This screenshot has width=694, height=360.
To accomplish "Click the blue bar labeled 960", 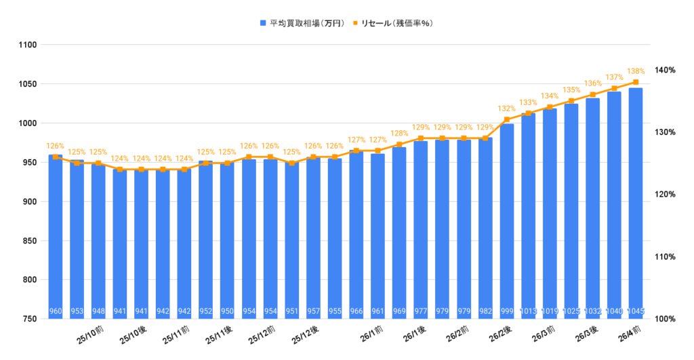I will click(x=56, y=237).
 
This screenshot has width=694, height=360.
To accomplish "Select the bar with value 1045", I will click(x=636, y=203).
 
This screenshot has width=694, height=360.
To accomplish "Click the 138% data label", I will click(x=636, y=71).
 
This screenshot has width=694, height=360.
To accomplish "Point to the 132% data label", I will click(x=507, y=108).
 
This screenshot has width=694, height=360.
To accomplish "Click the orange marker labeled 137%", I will click(x=614, y=88).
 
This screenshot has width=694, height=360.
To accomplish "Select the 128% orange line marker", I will click(x=399, y=144).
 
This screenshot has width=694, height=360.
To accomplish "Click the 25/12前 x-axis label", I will click(x=262, y=334).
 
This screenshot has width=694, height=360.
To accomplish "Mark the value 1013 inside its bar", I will click(x=529, y=312).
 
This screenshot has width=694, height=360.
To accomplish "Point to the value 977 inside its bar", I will click(x=421, y=312).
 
